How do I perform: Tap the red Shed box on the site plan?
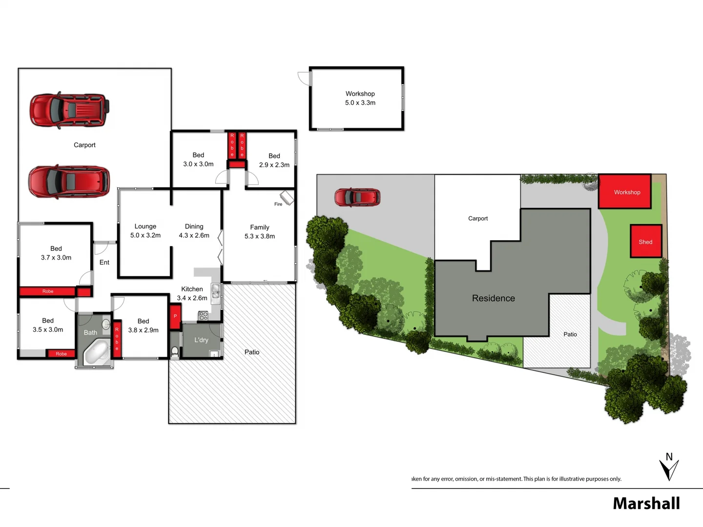[x=645, y=241]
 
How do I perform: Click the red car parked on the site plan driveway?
[x=357, y=198]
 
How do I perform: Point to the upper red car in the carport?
[x=69, y=111]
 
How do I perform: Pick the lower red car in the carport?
[x=69, y=182]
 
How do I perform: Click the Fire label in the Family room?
[x=278, y=204]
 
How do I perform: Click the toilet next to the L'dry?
[x=175, y=351]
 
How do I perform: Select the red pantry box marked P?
[x=175, y=316]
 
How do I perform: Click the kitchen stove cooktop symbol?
[x=203, y=316]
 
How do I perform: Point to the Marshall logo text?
[x=646, y=503]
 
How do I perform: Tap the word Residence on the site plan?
[x=493, y=298]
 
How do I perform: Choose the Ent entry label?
[x=104, y=263]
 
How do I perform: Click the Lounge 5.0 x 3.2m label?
[x=145, y=231]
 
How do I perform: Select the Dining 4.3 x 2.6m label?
[x=194, y=231]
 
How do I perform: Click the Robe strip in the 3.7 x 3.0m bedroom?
[x=48, y=291]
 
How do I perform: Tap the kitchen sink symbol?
[x=215, y=292]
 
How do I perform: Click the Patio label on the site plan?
[x=570, y=334]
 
